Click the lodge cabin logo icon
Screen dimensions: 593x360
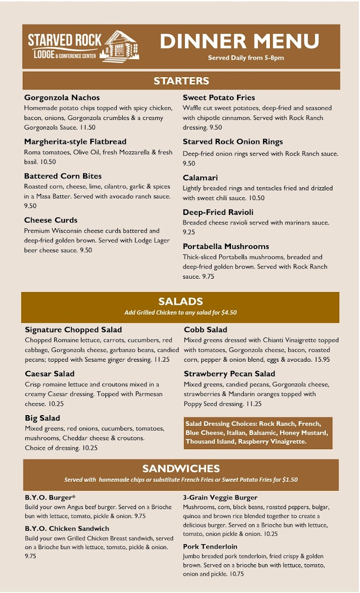point(121,46)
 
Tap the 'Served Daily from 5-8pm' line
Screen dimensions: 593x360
point(246,58)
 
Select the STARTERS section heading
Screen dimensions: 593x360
point(181,81)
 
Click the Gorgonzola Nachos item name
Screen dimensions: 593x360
point(62,97)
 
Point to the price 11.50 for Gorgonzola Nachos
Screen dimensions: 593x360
point(87,127)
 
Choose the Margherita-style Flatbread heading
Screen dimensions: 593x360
point(75,141)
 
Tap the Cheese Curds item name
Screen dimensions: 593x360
point(50,220)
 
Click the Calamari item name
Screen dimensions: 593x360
point(200,177)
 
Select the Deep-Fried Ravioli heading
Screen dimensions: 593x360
point(218,212)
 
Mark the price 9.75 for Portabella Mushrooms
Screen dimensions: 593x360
point(208,276)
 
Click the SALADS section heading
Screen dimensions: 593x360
point(180,301)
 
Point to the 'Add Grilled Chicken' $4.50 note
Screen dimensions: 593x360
point(180,312)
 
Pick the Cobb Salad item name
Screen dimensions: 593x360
point(206,330)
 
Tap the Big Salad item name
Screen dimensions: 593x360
point(43,418)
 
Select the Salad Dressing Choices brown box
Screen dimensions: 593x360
point(258,433)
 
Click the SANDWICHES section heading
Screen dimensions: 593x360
point(180,468)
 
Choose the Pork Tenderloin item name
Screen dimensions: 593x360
point(210,547)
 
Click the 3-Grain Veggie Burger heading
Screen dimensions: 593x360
point(220,498)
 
